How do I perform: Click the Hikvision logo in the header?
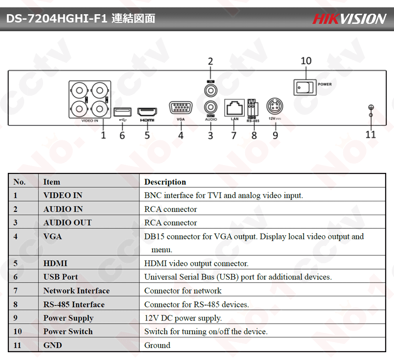349,19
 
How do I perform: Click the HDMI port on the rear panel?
148,111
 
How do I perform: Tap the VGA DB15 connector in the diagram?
181,108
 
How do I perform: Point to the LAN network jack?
234,108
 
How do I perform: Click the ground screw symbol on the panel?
371,110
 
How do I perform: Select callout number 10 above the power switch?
306,61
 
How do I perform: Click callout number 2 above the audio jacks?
210,61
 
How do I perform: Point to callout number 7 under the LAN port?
234,135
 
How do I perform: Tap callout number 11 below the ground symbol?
371,134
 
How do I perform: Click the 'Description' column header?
165,182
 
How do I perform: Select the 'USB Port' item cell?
60,277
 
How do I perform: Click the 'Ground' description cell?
157,345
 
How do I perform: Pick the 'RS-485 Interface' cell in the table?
74,305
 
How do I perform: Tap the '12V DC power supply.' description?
183,318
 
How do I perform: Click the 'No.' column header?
19,182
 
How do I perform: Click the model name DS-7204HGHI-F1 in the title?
56,19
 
